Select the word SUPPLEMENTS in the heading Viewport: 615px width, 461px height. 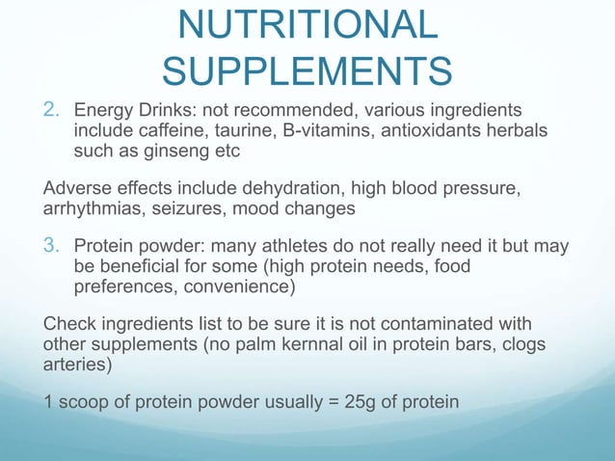point(307,69)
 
